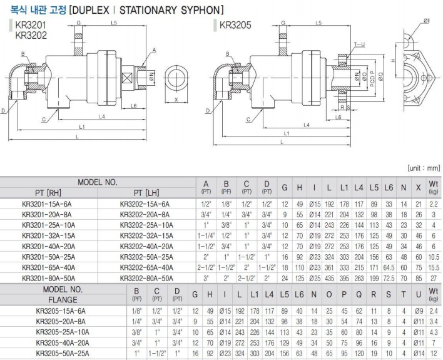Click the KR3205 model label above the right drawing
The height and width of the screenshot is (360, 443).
pyautogui.click(x=235, y=26)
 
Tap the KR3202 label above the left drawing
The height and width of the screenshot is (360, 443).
pyautogui.click(x=30, y=36)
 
